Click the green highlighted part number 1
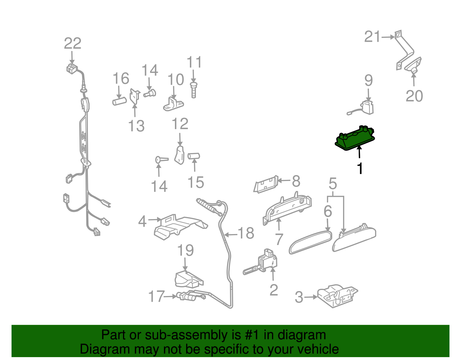pos(355,138)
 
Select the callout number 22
pos(73,44)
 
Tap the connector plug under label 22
pos(72,69)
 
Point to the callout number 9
pos(369,80)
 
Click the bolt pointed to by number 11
pos(194,90)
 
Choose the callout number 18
pos(246,233)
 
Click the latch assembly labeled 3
pos(337,296)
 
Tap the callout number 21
pos(372,37)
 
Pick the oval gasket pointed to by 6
pos(310,242)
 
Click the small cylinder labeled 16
pos(120,101)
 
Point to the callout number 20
pos(414,96)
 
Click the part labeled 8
pos(266,184)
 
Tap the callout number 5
pos(333,184)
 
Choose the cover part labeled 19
pos(189,278)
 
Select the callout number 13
pos(136,126)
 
